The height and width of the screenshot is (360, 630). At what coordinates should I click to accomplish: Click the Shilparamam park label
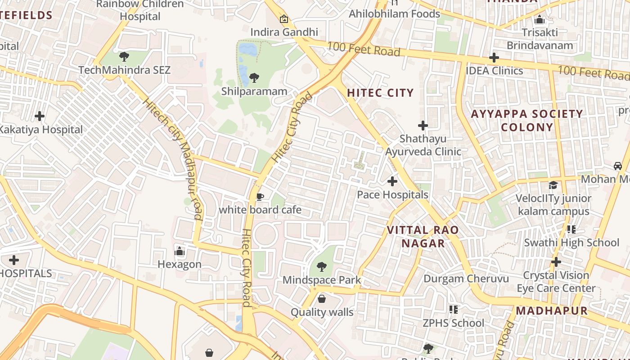[254, 91]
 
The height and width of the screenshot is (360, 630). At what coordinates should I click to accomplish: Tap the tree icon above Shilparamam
[254, 78]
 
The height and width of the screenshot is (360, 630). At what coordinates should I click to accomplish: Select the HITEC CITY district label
[380, 93]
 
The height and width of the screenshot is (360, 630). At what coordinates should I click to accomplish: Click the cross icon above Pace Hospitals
[392, 181]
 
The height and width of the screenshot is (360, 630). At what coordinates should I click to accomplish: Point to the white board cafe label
[260, 210]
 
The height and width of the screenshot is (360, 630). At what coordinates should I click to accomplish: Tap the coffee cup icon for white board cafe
[260, 197]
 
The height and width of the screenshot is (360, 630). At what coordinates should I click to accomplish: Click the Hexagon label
[180, 264]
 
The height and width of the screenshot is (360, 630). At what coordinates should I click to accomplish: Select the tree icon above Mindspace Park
[321, 267]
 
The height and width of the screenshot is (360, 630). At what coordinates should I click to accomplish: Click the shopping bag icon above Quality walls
[322, 299]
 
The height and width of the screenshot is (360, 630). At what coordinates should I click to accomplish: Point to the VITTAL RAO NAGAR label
[423, 237]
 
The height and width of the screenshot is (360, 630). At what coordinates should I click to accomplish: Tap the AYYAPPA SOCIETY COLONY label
[527, 120]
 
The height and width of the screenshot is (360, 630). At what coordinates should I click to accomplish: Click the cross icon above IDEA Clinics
[494, 58]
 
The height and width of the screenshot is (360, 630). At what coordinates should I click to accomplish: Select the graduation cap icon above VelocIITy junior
[553, 185]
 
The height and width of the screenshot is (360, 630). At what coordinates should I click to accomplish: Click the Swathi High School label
[571, 243]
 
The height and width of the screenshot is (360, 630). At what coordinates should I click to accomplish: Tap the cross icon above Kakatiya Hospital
[40, 116]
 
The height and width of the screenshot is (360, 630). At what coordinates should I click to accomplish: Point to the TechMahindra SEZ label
[125, 70]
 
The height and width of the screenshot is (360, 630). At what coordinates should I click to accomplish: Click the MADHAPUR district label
[552, 310]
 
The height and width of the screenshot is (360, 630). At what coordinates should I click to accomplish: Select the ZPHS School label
[453, 323]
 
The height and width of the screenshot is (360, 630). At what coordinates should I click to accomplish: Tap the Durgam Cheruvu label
[466, 279]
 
